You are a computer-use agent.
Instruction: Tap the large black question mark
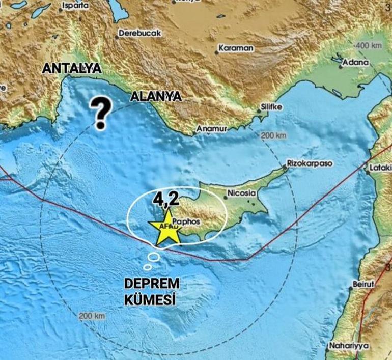click(101, 114)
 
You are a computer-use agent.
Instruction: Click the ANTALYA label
click(72, 68)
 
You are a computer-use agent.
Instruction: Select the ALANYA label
click(156, 97)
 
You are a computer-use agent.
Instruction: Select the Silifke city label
click(271, 107)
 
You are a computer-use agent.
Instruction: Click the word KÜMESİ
click(150, 299)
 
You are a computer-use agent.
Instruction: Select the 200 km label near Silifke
click(273, 136)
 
